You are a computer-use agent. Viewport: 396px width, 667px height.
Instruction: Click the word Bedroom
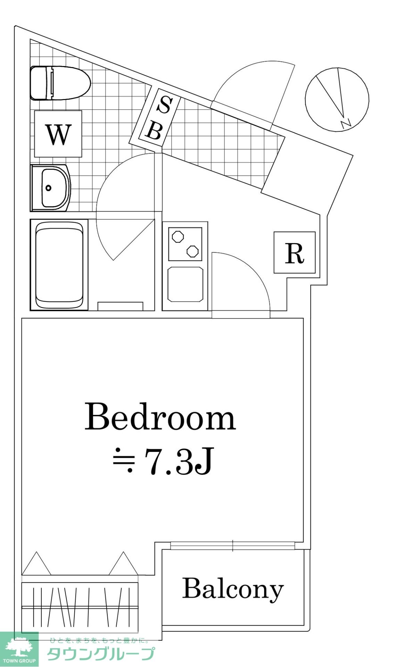(x=160, y=417)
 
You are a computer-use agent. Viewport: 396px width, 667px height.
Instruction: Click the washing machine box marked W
(x=58, y=134)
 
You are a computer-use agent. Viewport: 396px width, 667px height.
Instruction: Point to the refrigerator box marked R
(x=295, y=253)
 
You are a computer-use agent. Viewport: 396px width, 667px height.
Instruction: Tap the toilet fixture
(x=60, y=83)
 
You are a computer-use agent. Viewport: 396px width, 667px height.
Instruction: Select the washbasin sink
(x=51, y=188)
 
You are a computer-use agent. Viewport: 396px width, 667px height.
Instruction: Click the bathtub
(x=59, y=265)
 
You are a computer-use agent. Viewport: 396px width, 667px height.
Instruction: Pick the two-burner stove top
(x=185, y=244)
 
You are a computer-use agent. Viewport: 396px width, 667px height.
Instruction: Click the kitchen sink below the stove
(x=185, y=285)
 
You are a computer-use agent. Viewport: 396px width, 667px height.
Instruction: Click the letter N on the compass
(x=346, y=123)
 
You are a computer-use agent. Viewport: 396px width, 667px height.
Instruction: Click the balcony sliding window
(x=233, y=546)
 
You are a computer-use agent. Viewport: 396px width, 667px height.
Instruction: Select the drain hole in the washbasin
(x=48, y=188)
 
